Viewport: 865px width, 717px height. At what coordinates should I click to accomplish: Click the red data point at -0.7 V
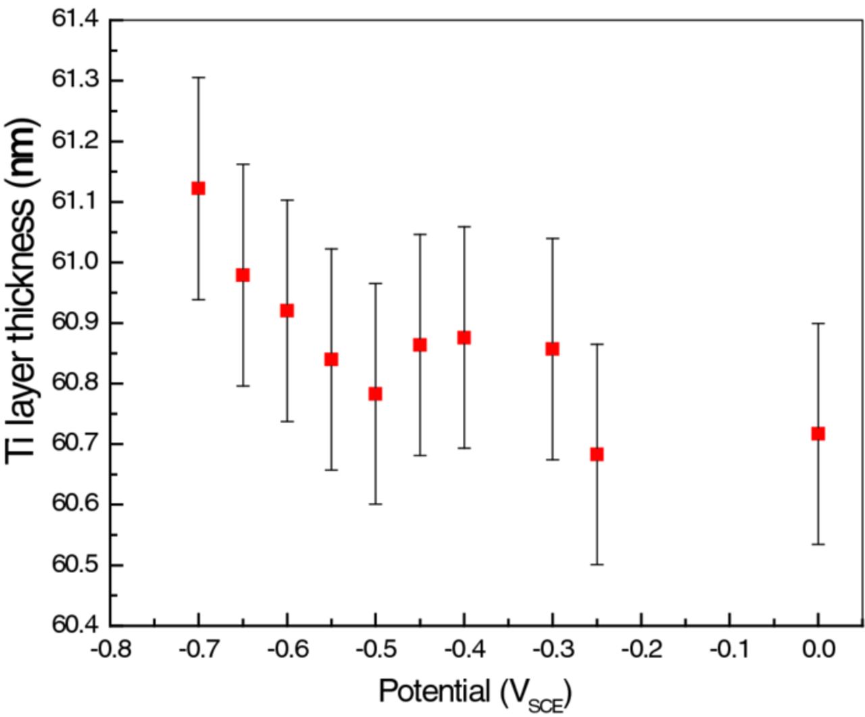tap(198, 188)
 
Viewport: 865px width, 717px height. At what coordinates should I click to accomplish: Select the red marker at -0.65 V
tap(243, 275)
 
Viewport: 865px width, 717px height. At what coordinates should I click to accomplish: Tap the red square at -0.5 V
tap(375, 393)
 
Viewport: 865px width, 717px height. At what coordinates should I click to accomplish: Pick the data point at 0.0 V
tap(818, 433)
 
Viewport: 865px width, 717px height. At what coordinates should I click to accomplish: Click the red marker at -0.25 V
tap(597, 454)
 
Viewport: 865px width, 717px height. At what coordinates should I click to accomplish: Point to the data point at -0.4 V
tap(464, 337)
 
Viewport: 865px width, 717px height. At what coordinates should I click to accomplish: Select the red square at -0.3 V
tap(552, 349)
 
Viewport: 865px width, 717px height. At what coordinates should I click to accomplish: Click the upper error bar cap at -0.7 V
tap(198, 78)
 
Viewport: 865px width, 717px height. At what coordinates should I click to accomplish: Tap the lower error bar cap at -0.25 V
tap(597, 564)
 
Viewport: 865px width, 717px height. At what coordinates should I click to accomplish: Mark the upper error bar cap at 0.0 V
tap(818, 324)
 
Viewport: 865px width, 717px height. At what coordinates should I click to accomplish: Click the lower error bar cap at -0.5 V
tap(375, 504)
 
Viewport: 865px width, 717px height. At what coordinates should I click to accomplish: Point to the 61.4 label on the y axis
tap(74, 20)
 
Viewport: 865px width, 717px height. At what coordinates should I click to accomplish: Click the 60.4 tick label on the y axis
tap(74, 624)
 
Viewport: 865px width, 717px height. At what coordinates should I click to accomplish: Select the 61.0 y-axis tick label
tap(74, 262)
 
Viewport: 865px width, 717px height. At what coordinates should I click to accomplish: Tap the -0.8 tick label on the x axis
tap(111, 650)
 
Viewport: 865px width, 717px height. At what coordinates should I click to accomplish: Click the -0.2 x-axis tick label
tap(641, 650)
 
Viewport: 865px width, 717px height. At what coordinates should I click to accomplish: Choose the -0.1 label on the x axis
tap(729, 650)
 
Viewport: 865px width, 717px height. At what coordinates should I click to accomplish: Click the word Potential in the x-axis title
tap(434, 691)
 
